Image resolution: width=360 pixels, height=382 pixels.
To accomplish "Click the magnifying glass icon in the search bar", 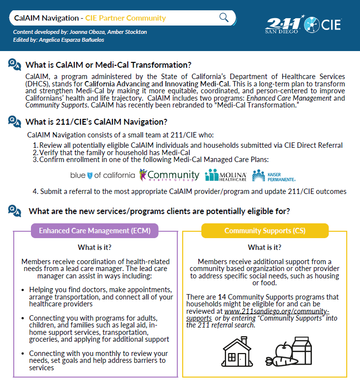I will click(x=224, y=18).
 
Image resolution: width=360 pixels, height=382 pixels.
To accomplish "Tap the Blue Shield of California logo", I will click(x=103, y=175).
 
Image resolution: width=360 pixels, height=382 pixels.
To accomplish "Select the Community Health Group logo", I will click(x=169, y=175).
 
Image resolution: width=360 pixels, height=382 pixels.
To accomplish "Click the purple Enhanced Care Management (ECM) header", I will click(x=95, y=230).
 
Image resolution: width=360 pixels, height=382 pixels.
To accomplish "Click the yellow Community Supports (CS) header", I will click(x=264, y=230).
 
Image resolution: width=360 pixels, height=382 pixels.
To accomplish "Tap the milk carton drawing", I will click(x=302, y=350).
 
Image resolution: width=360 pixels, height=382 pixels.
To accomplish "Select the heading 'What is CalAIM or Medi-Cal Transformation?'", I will click(x=108, y=65).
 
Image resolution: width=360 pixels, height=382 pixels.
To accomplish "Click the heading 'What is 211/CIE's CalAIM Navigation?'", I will click(x=96, y=122).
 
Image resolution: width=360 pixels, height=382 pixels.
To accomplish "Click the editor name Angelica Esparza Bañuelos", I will click(x=82, y=39).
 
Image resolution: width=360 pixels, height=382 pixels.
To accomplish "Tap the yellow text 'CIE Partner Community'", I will click(x=125, y=18).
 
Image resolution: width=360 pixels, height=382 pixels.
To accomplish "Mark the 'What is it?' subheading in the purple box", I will click(x=94, y=247).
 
